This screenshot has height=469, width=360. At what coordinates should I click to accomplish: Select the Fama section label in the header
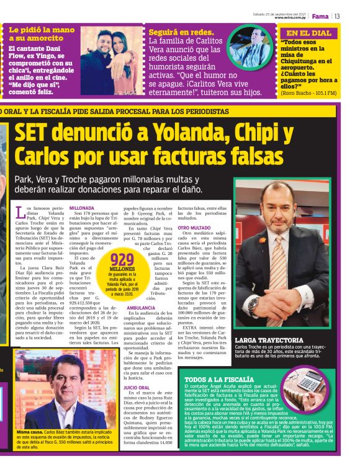320,16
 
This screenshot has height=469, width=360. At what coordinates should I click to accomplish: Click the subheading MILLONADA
82,208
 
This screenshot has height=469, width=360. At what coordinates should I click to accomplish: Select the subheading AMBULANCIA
141,308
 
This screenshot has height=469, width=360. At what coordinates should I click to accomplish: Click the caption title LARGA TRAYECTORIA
269,340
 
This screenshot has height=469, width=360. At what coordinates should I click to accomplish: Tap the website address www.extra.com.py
291,18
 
